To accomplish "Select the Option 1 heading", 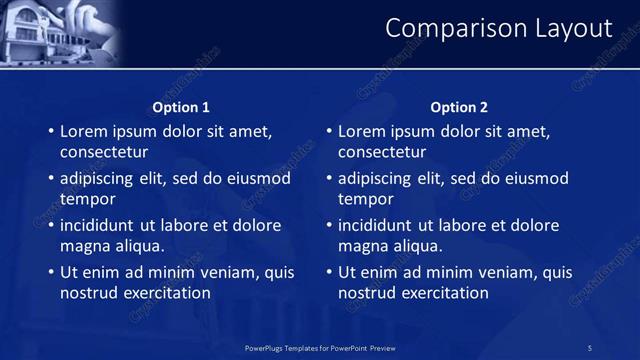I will coord(181,107).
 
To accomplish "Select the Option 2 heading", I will coord(459,107).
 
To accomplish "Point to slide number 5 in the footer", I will coord(589,347).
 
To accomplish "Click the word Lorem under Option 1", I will coord(83,131).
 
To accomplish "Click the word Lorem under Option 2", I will coord(361,131).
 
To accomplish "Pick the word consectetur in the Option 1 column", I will coord(104,152).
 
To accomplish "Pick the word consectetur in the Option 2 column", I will coord(382,152).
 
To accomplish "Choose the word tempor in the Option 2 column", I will coord(365,199).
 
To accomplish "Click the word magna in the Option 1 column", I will coord(84,246).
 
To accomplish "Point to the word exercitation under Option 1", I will coord(164,293).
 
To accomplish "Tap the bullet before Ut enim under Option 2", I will coord(329,272).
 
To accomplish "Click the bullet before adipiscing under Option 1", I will coord(51,179).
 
